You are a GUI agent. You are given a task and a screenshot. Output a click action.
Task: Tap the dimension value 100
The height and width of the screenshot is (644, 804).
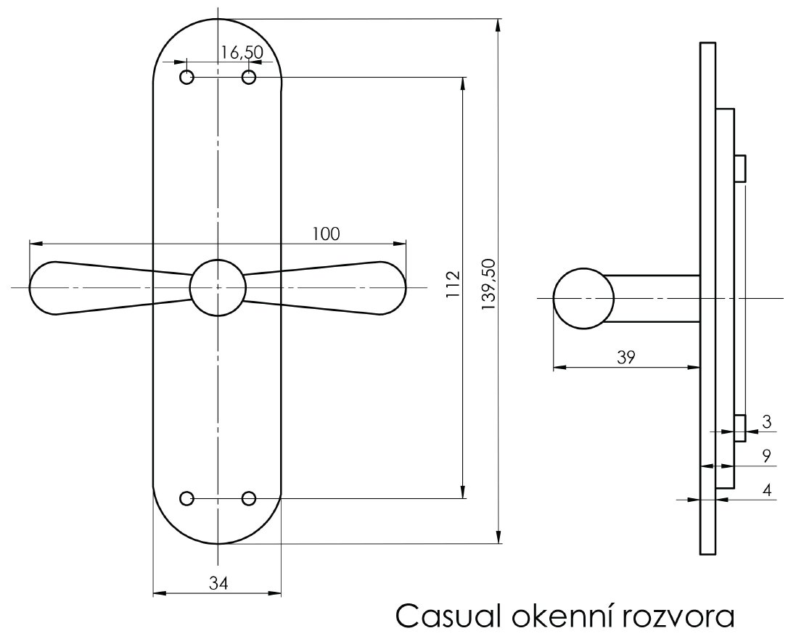(326, 234)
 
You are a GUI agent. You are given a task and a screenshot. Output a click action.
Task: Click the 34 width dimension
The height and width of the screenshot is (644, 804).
(217, 582)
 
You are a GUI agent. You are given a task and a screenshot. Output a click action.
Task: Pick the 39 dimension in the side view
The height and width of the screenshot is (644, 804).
(626, 357)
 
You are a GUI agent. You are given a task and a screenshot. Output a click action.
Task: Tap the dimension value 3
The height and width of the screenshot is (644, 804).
(766, 421)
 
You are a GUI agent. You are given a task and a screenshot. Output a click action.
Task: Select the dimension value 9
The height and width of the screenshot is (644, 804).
(766, 456)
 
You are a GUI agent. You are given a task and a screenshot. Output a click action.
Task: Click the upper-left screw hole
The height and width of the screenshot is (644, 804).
(187, 77)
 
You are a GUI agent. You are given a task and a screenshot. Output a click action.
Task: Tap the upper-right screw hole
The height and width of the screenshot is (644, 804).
(249, 77)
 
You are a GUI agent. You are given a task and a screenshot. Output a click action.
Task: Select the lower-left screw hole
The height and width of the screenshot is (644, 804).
(187, 498)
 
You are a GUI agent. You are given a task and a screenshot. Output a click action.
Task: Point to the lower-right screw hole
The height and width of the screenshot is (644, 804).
(249, 498)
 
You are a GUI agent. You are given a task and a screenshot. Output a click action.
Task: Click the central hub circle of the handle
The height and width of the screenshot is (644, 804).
(217, 287)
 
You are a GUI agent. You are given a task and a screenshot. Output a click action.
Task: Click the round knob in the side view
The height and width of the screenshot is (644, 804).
(583, 298)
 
